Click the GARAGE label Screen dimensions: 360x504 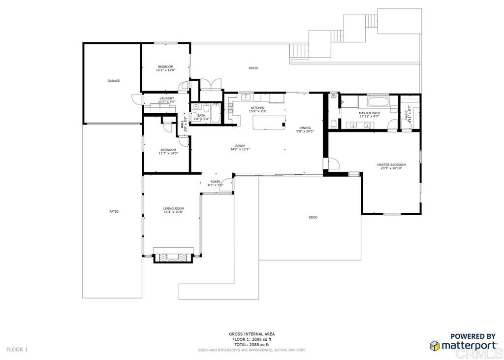(x=114, y=81)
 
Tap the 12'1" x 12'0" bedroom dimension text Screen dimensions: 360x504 (x=165, y=70)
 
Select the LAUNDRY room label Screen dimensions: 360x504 (x=166, y=98)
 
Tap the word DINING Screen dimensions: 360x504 (x=305, y=128)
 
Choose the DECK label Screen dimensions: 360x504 (x=313, y=217)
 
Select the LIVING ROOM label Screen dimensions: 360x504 (x=173, y=208)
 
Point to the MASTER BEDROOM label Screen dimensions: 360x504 (x=391, y=164)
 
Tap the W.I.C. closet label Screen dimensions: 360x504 (x=406, y=114)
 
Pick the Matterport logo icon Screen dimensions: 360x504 (x=435, y=346)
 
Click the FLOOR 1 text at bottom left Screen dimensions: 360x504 (x=17, y=350)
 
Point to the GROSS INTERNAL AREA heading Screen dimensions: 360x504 (x=252, y=334)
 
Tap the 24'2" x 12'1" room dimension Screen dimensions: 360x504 (x=240, y=149)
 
